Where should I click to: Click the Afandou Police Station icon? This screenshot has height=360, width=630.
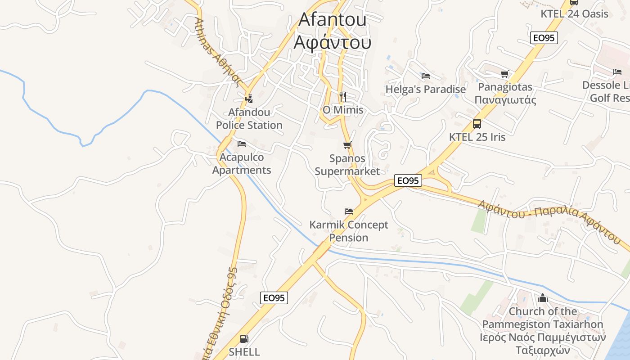[249, 98]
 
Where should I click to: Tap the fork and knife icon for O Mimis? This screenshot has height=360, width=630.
[342, 96]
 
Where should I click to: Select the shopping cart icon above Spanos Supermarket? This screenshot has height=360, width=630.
[347, 145]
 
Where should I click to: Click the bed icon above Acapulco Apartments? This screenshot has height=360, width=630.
[242, 144]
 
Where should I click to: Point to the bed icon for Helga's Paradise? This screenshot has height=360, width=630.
[426, 76]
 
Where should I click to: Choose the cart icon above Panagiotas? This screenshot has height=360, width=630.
[505, 74]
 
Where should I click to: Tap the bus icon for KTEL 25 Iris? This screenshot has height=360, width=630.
[477, 123]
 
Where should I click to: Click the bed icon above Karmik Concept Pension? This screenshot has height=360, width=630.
[349, 211]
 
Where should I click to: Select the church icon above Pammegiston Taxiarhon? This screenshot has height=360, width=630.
[543, 298]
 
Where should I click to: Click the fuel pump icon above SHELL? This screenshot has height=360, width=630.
[244, 338]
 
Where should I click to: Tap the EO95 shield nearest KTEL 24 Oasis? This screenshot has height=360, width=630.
[544, 38]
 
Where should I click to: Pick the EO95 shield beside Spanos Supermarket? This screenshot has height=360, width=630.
[408, 180]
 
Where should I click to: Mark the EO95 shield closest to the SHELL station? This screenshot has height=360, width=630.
[274, 297]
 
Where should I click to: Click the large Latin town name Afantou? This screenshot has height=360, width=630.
[333, 19]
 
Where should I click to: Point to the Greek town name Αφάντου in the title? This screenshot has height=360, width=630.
[333, 42]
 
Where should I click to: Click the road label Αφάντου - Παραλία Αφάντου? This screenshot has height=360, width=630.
[549, 220]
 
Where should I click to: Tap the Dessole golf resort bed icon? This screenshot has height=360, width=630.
[617, 72]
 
